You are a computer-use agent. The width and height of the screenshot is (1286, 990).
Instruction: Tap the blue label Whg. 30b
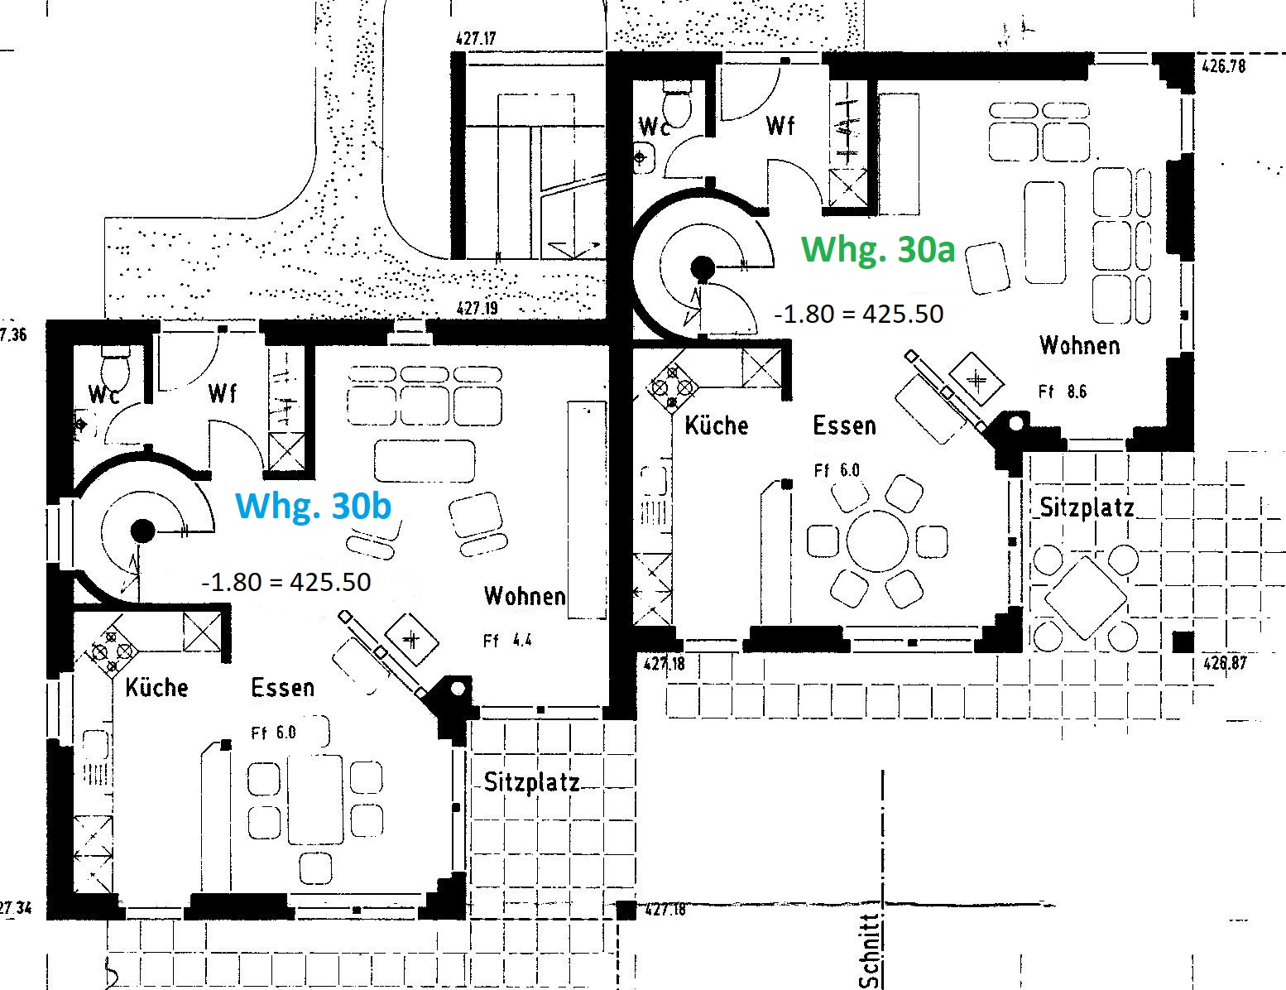[313, 507]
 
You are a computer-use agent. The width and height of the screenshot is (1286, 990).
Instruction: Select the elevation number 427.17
[476, 39]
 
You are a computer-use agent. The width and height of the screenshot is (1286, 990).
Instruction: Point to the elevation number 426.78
[1224, 65]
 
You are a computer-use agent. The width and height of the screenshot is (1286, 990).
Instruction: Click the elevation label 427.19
[477, 308]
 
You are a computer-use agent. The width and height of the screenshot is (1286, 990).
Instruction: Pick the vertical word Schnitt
[871, 950]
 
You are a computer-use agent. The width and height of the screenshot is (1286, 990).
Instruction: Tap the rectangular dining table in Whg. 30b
[315, 800]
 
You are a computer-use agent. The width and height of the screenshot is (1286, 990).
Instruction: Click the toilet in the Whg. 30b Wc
[115, 370]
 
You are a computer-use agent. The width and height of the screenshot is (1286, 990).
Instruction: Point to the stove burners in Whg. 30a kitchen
[672, 388]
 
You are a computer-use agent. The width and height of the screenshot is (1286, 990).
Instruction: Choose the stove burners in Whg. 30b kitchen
[112, 651]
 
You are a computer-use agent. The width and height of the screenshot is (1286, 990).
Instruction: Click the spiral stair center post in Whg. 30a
[703, 269]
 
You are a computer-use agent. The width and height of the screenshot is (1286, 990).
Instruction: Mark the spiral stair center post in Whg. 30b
[142, 531]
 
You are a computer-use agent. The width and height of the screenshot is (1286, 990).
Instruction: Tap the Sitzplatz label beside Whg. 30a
[1087, 508]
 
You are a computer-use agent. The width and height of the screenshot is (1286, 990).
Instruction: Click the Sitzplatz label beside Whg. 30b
[531, 782]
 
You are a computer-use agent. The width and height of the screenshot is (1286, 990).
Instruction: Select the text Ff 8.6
[1063, 392]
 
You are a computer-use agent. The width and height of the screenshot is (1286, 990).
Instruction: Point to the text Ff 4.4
[507, 641]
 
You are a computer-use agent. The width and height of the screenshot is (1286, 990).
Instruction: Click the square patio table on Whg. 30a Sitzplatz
[1086, 598]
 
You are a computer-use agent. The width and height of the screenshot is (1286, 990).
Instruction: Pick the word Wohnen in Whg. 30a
[1080, 345]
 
